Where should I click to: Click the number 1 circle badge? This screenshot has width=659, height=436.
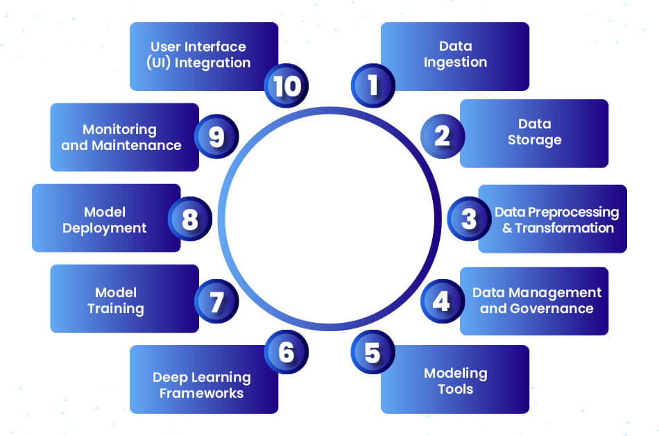(x=373, y=85)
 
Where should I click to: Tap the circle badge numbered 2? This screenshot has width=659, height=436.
(x=442, y=135)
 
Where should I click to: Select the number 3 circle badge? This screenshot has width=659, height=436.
(x=469, y=219)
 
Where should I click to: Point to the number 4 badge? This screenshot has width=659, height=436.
(x=442, y=301)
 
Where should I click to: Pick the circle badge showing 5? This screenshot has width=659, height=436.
(x=373, y=353)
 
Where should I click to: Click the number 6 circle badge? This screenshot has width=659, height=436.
(x=286, y=353)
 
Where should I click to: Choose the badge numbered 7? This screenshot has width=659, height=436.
(x=216, y=301)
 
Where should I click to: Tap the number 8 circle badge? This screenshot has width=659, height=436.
(x=189, y=219)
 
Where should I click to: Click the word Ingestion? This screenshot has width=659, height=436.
(x=455, y=62)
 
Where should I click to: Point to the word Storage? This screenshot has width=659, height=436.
(x=534, y=140)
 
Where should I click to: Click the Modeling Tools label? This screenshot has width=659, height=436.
(x=455, y=381)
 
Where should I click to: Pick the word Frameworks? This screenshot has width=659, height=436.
(x=201, y=394)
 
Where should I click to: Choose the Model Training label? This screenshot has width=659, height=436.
(x=116, y=300)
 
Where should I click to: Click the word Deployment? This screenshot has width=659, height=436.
(x=105, y=228)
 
